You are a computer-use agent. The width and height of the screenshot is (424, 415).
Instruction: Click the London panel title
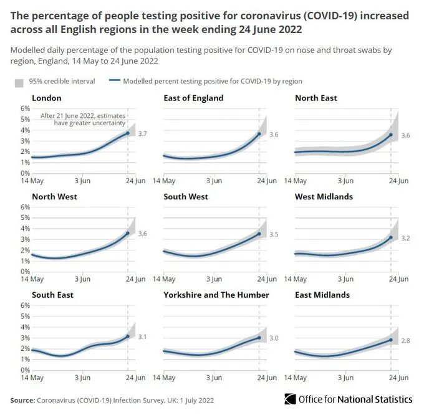tap(46, 98)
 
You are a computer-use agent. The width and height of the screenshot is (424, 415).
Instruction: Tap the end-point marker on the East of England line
tap(259, 133)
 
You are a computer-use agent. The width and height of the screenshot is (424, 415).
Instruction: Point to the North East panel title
tap(316, 98)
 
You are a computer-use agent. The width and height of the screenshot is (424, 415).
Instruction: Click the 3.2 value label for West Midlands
tap(405, 238)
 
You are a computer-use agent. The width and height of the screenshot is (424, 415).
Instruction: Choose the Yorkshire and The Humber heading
tap(216, 295)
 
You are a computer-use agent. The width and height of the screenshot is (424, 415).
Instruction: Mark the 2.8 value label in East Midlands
tap(405, 341)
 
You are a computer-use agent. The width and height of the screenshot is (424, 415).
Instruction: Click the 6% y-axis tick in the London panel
tap(26, 108)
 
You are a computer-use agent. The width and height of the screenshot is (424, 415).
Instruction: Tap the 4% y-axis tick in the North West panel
tap(26, 229)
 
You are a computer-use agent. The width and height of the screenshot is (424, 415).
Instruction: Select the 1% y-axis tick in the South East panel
tap(26, 360)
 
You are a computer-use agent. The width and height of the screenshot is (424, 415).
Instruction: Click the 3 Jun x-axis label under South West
tap(214, 279)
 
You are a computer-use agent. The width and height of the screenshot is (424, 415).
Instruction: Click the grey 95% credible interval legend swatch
tap(19, 82)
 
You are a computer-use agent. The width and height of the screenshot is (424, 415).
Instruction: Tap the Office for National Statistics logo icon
tap(290, 399)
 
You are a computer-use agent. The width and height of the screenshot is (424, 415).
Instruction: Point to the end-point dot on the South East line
tap(128, 336)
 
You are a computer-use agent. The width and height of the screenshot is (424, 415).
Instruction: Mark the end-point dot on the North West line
tap(128, 233)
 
